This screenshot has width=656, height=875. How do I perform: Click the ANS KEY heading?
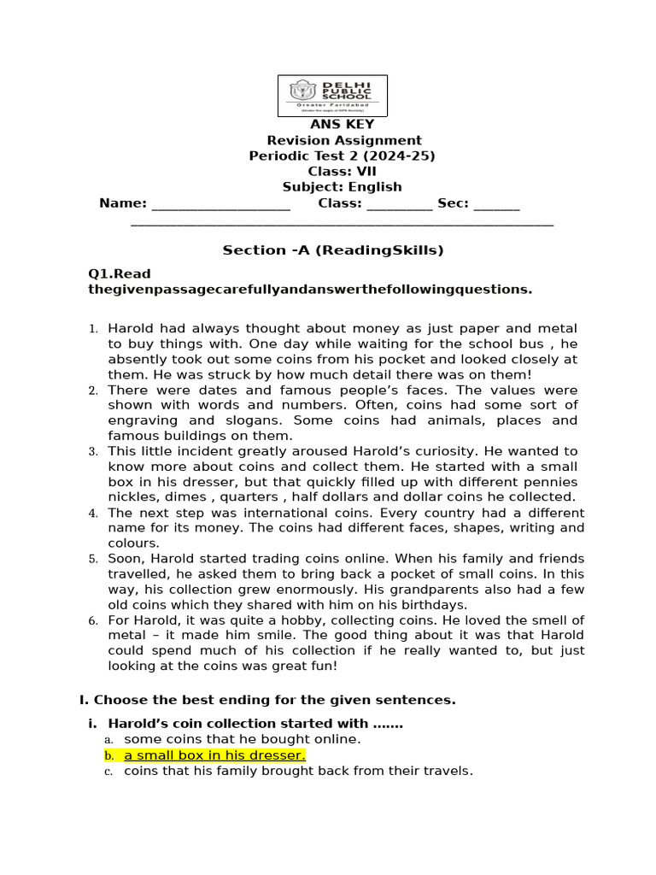(x=342, y=125)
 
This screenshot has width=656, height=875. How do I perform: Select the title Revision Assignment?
(x=344, y=140)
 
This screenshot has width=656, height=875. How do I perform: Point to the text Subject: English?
(x=342, y=186)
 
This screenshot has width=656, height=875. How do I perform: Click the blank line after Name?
(x=221, y=205)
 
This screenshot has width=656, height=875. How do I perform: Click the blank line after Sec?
(x=495, y=205)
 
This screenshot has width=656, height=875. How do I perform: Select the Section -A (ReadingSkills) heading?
(x=333, y=250)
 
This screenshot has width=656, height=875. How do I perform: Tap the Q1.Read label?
(x=120, y=274)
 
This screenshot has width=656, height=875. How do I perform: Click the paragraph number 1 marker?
(x=94, y=329)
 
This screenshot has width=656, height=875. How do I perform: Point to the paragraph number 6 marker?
(x=94, y=620)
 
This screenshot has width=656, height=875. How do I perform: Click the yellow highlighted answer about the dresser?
(x=214, y=755)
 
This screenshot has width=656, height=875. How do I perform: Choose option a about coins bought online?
(x=242, y=739)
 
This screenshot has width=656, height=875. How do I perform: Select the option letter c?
(x=108, y=772)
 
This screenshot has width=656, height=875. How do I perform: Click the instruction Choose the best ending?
(x=267, y=700)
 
